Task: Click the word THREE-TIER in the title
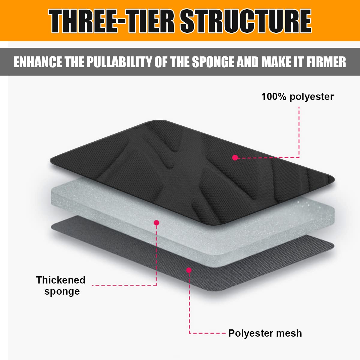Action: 111,21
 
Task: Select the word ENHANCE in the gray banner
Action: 38,62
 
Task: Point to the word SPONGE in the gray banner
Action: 213,62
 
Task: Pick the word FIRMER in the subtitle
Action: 326,62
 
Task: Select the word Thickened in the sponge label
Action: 61,280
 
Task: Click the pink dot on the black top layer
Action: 235,157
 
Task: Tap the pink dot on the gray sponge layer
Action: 157,223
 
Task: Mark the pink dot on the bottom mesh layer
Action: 189,270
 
